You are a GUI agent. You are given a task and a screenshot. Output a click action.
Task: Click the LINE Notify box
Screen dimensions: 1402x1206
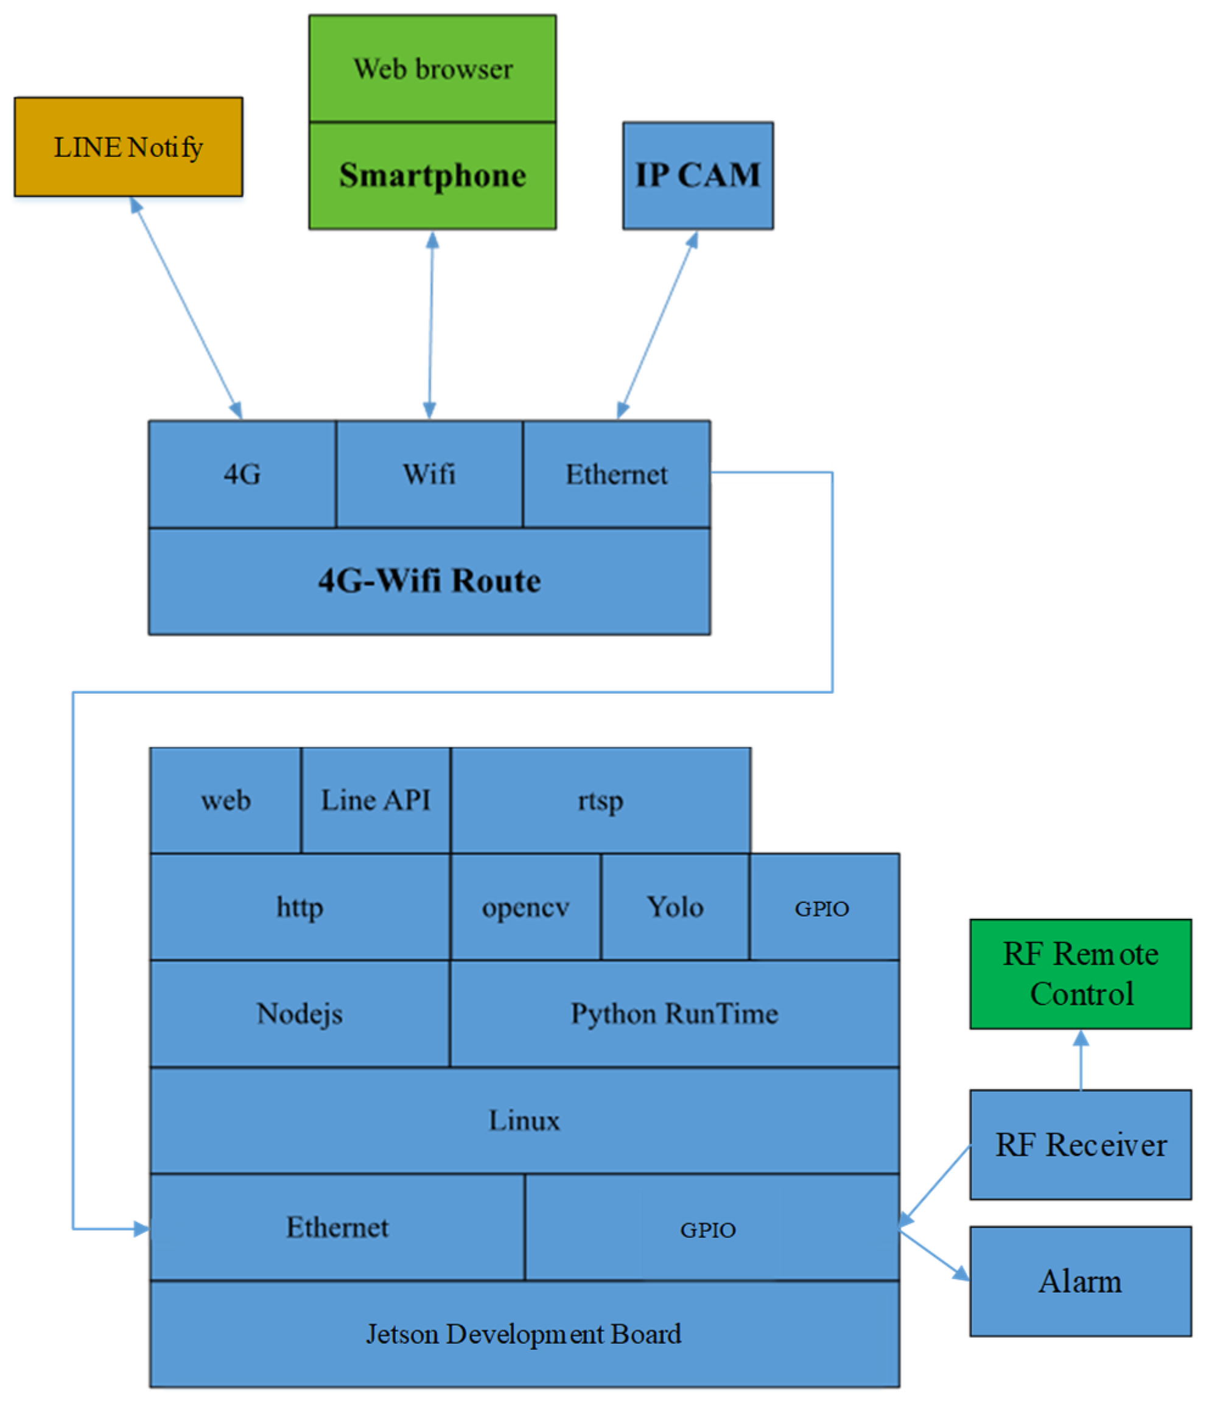[128, 147]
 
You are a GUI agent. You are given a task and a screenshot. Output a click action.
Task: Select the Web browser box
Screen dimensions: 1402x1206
[432, 68]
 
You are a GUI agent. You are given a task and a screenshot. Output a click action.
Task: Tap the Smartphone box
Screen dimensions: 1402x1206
[432, 175]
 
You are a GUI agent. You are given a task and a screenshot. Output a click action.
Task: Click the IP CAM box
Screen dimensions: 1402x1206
[698, 175]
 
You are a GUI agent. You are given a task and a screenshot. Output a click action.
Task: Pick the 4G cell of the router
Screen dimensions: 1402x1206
[242, 473]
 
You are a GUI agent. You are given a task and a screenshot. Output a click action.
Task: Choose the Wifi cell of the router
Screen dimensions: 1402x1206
[429, 473]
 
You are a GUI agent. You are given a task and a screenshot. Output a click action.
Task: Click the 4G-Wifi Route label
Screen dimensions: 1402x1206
[429, 581]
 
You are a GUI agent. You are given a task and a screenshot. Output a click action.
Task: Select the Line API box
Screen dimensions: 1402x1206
[376, 800]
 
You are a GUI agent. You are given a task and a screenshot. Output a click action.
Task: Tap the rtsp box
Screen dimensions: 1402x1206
[600, 800]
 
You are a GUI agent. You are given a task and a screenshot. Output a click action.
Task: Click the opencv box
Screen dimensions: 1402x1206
[525, 907]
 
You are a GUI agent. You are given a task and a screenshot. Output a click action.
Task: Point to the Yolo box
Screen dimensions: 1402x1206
[675, 907]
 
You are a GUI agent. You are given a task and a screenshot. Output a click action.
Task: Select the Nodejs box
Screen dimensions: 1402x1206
[299, 1013]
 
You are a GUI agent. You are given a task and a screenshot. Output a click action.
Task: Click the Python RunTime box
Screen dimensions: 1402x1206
[674, 1013]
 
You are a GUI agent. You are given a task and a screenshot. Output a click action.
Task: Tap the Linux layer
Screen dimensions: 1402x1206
[525, 1120]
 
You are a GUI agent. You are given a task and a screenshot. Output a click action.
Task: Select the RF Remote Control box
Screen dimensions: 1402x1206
[1080, 974]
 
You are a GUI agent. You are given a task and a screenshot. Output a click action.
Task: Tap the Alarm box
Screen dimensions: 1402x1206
[1080, 1281]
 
